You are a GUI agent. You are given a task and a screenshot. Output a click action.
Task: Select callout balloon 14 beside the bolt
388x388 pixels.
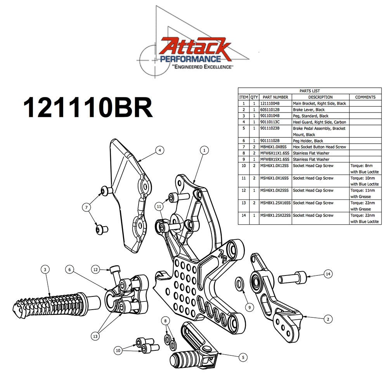(x=328, y=274)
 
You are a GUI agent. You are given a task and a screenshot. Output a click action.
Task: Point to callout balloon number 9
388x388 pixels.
(x=250, y=307)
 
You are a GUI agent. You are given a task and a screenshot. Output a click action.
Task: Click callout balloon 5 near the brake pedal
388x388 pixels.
(x=243, y=357)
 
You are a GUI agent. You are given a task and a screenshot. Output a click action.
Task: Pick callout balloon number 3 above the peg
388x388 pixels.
(x=45, y=269)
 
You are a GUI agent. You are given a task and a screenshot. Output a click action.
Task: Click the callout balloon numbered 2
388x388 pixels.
(x=328, y=319)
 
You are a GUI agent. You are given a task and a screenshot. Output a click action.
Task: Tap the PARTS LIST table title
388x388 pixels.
(x=310, y=91)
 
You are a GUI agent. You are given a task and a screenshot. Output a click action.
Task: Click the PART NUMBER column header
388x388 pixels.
(x=275, y=97)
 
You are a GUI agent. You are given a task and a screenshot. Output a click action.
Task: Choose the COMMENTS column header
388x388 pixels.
(x=365, y=97)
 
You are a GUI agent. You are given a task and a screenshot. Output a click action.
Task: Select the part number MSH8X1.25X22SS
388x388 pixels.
(x=275, y=215)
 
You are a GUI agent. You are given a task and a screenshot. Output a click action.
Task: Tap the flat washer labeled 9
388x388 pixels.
(x=240, y=284)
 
